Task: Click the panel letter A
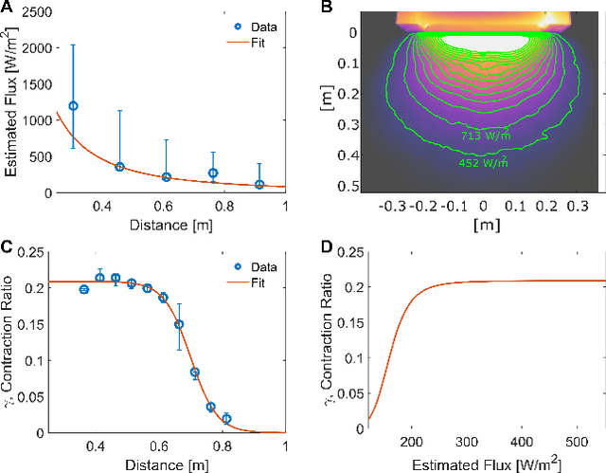coord(7,9)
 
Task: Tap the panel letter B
coord(327,9)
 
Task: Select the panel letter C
coord(7,248)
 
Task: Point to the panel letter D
coord(327,248)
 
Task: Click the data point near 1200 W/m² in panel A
coord(74,106)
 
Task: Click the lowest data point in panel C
coord(225,418)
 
